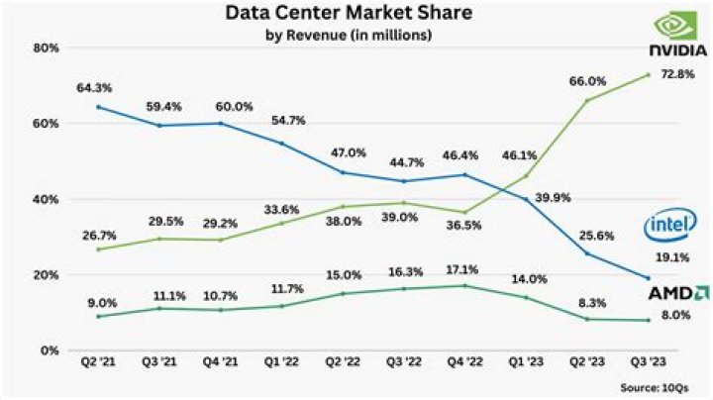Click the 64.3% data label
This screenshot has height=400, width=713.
pyautogui.click(x=92, y=88)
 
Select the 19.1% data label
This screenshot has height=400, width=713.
pyautogui.click(x=675, y=256)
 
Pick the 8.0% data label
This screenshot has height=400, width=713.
pyautogui.click(x=675, y=314)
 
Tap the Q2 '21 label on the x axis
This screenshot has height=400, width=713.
pyautogui.click(x=98, y=363)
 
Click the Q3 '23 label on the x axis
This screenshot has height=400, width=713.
pyautogui.click(x=648, y=363)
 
